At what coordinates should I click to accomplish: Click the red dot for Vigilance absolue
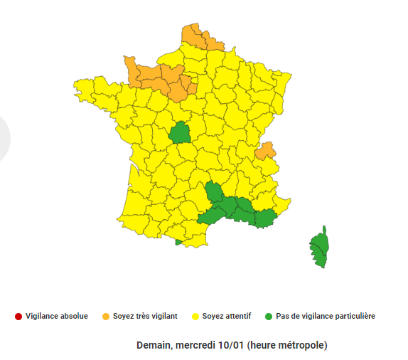[18, 316]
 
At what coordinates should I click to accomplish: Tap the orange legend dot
[106, 316]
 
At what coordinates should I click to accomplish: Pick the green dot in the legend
[269, 316]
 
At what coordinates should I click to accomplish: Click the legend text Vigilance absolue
[57, 316]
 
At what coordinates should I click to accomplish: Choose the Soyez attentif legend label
[227, 316]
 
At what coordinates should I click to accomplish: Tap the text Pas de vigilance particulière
[326, 316]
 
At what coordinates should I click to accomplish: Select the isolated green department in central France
[180, 132]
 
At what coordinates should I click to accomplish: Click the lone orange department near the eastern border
[266, 151]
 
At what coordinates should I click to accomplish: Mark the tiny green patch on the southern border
[178, 242]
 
